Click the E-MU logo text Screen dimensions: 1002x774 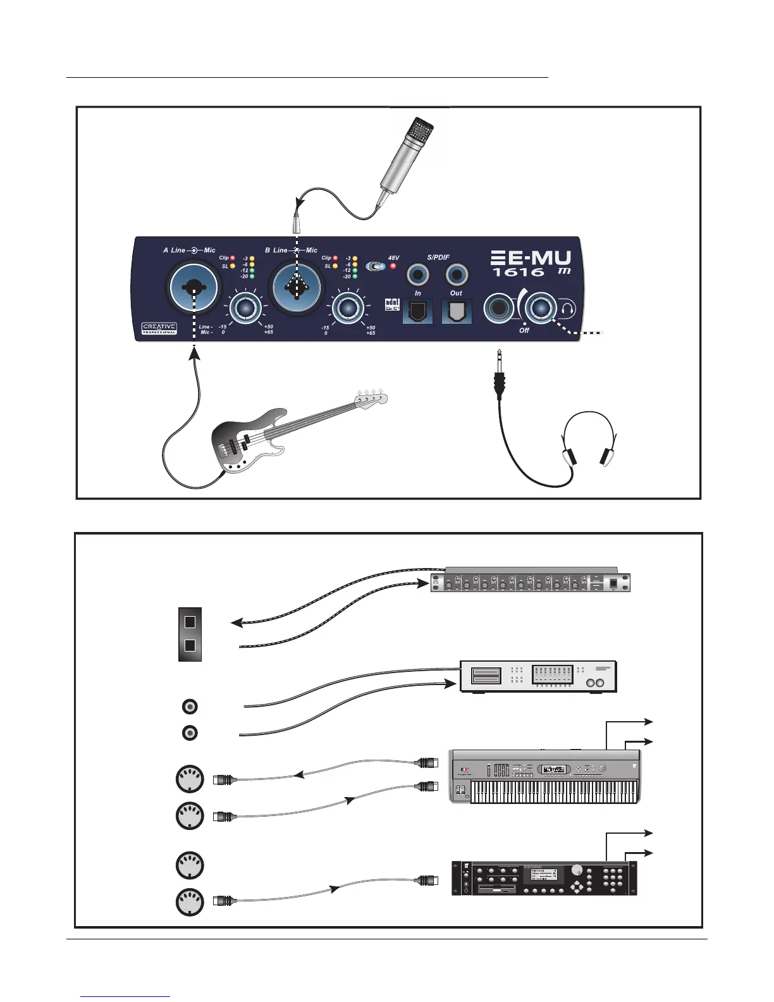[x=531, y=258]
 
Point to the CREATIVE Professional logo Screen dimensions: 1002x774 [x=159, y=328]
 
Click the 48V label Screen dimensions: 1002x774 [x=394, y=258]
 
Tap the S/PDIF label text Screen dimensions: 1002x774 [x=438, y=257]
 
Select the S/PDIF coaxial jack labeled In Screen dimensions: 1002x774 [x=418, y=276]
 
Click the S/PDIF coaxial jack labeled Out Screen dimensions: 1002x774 [x=457, y=276]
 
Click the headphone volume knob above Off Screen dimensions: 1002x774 [x=541, y=308]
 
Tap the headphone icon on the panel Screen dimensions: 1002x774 [x=568, y=309]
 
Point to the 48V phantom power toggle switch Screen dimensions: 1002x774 [x=378, y=267]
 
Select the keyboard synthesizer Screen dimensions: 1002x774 [x=544, y=777]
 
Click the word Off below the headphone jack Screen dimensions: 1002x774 [x=524, y=330]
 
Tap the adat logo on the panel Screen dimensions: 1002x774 [x=392, y=304]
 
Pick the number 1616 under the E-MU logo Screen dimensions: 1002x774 [x=519, y=273]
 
